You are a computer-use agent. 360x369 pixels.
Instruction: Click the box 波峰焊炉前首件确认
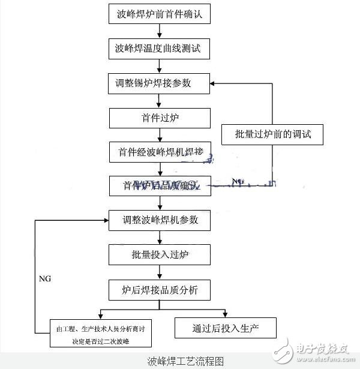(x=160, y=14)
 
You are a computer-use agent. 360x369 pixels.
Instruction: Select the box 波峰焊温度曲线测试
(x=160, y=48)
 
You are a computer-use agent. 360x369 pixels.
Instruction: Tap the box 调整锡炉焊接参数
(x=160, y=82)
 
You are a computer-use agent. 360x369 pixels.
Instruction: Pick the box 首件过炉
(x=160, y=118)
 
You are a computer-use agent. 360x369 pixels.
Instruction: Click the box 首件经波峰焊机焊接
(x=160, y=152)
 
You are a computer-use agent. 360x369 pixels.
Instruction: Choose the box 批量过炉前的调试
(x=273, y=134)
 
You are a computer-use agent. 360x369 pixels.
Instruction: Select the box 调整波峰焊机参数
(x=160, y=220)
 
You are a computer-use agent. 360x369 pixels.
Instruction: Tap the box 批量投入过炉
(x=160, y=255)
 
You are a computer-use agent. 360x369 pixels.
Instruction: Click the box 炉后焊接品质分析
(x=160, y=291)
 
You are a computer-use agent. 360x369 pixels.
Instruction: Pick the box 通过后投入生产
(x=226, y=328)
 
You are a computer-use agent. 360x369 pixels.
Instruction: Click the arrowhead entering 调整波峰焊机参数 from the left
(x=105, y=220)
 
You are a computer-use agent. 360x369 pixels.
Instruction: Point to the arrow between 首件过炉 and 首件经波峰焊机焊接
(x=160, y=135)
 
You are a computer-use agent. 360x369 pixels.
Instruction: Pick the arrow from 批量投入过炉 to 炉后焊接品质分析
(x=160, y=273)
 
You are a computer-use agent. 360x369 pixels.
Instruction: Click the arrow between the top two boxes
(x=160, y=31)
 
